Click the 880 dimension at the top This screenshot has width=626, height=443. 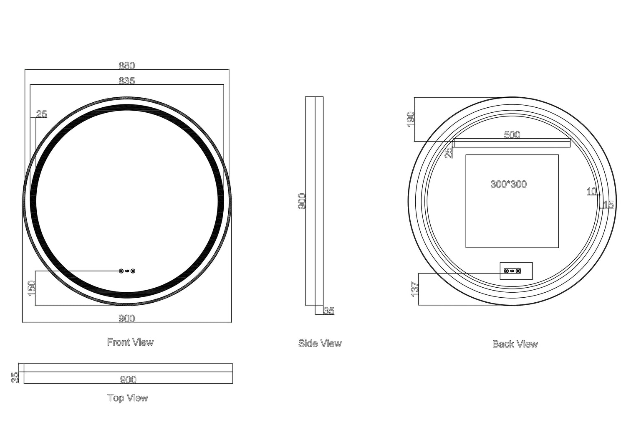click(x=127, y=66)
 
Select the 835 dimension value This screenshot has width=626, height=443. click(x=127, y=81)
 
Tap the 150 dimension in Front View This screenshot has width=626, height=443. click(x=31, y=288)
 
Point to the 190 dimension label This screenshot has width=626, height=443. click(x=410, y=119)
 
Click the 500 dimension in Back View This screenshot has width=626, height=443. click(x=512, y=135)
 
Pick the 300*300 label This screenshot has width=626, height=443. click(x=508, y=184)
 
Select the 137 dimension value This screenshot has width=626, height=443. click(x=415, y=289)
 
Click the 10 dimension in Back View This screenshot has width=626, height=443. click(x=591, y=191)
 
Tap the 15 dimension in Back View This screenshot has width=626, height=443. click(x=608, y=205)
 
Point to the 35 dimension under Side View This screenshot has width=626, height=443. click(x=329, y=311)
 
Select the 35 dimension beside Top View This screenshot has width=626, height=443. click(x=15, y=377)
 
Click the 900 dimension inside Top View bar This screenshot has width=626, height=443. click(x=128, y=380)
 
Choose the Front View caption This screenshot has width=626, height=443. click(x=130, y=342)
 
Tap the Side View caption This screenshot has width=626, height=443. click(x=320, y=344)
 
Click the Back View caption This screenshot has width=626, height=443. click(x=515, y=344)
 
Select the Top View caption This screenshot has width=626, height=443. click(x=128, y=398)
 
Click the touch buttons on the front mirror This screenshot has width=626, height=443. click(x=127, y=271)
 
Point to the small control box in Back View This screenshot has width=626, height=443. click(x=516, y=271)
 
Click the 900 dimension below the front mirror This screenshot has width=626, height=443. click(x=127, y=319)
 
